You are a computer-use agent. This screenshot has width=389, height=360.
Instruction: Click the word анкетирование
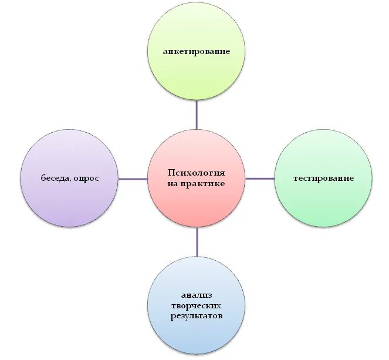tap(197, 51)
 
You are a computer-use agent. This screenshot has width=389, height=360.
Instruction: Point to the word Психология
tap(197, 173)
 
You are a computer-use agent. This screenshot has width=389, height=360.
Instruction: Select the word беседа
tap(56, 178)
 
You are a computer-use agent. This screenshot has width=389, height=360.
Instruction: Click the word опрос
tap(87, 179)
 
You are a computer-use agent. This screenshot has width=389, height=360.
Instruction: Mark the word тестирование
tap(323, 178)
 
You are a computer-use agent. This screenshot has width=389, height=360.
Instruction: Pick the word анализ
tap(197, 295)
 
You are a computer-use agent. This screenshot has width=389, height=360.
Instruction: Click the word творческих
tap(197, 306)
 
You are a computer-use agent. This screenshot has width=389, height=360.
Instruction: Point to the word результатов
tap(197, 316)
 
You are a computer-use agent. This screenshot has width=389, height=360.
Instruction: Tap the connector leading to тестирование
tap(260, 179)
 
